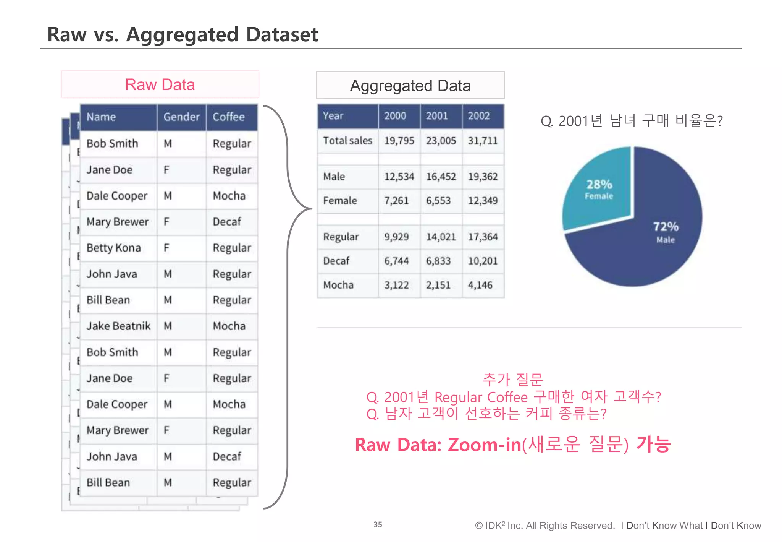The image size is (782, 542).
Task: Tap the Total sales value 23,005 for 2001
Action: click(x=441, y=141)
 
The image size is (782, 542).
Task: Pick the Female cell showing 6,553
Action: click(x=438, y=201)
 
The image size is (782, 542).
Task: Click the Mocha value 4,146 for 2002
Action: click(x=480, y=285)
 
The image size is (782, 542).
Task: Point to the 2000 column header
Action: click(x=395, y=116)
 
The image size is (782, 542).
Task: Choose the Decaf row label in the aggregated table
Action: click(x=336, y=261)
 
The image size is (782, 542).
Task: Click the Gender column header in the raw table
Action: click(x=181, y=117)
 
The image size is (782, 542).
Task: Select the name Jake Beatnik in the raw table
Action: click(x=118, y=326)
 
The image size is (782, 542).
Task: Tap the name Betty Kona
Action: click(x=114, y=248)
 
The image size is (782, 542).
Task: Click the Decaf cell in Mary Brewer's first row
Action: click(x=227, y=222)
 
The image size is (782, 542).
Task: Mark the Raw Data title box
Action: click(x=160, y=84)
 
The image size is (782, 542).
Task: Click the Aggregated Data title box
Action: click(x=410, y=86)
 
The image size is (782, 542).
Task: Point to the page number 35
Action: click(x=378, y=524)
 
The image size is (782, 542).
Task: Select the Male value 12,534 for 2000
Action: click(x=399, y=177)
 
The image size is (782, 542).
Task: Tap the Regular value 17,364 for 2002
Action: click(x=483, y=237)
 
